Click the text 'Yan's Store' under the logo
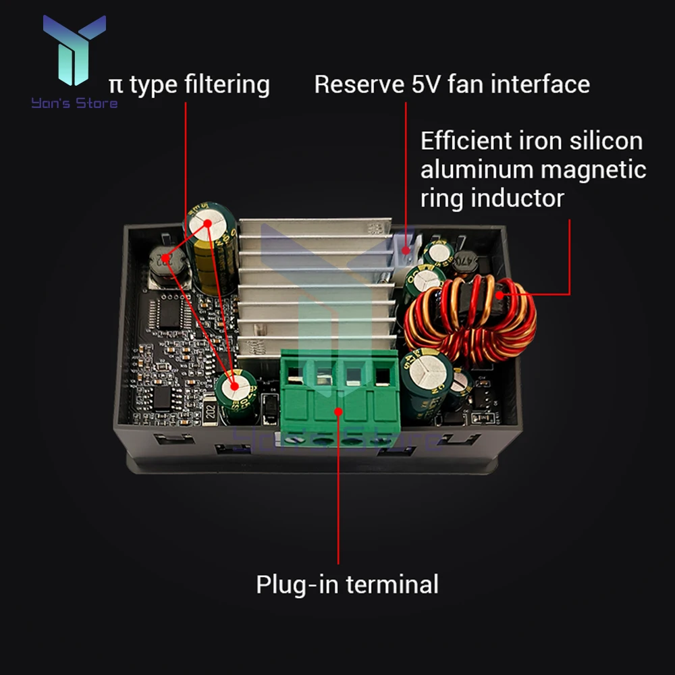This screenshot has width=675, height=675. (x=74, y=103)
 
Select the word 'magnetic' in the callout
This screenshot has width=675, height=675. (x=594, y=169)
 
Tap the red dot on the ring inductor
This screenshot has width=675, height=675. (x=500, y=294)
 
